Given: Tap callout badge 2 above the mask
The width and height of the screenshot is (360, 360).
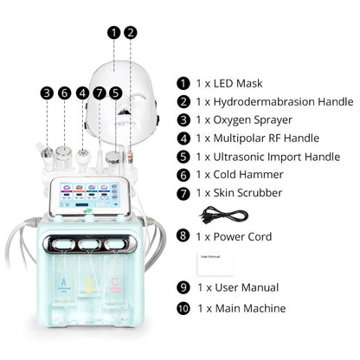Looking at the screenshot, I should [131, 33].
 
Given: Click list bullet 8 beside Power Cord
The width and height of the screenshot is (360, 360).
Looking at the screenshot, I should [183, 236].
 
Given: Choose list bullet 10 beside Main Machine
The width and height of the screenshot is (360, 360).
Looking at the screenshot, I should [183, 309].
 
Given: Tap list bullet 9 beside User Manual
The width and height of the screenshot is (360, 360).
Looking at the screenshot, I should [183, 287].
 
